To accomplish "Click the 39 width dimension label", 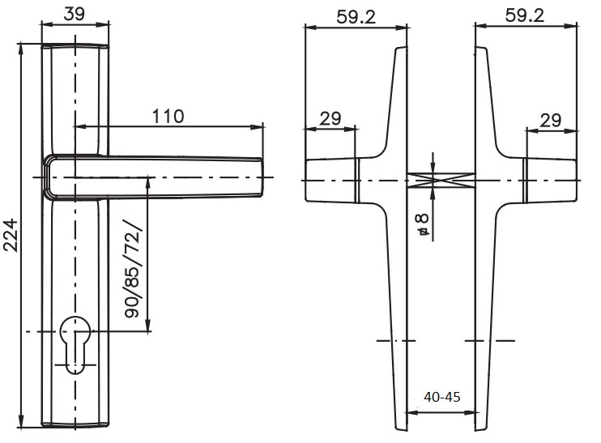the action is pos(74,14).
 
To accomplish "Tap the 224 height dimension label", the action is pos(11,236).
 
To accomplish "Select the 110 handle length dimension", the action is pos(168,116).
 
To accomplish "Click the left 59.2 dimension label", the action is pos(356,17).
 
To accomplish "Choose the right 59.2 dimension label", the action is pos(524,15).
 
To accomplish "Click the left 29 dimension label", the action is pos(330,119).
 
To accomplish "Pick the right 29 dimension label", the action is pos(551,121).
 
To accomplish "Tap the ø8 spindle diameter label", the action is pos(423,224).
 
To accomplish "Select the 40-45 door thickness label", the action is pos(442,397).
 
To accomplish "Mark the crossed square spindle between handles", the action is pos(441,180).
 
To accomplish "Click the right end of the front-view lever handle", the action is pos(262,177).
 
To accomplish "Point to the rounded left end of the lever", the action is pos(46,177).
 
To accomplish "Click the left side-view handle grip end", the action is pos(307,180).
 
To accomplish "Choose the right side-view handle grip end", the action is pos(575,180).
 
